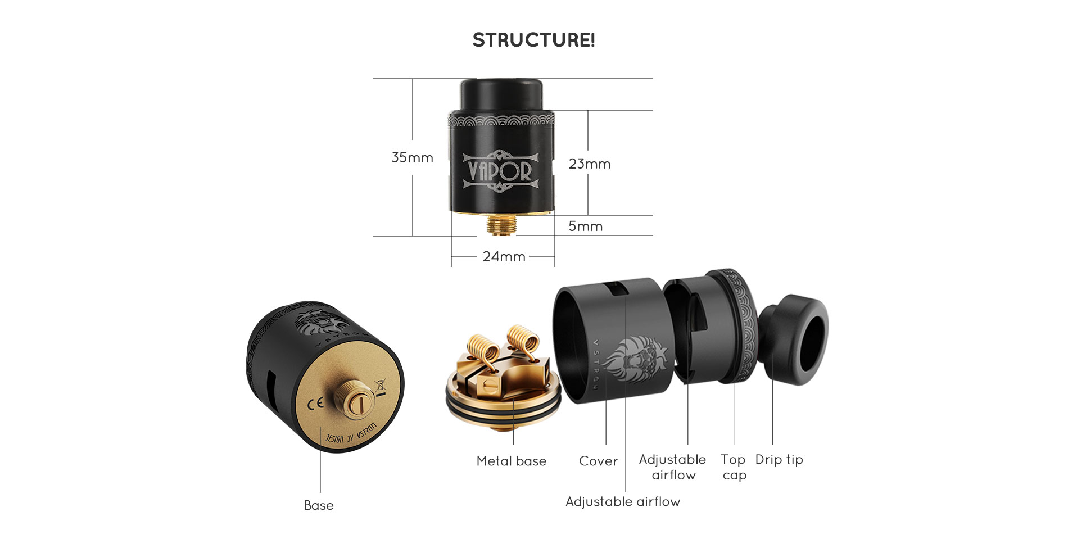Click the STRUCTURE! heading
click(x=533, y=40)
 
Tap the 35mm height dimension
click(x=412, y=158)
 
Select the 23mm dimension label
click(x=589, y=164)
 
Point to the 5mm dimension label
click(x=585, y=227)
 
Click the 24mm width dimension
click(x=504, y=257)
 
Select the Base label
click(x=319, y=505)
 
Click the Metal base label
click(x=511, y=461)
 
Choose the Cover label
click(x=598, y=461)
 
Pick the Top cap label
click(x=734, y=467)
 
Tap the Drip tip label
click(x=779, y=460)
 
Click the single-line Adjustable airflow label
click(x=623, y=502)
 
